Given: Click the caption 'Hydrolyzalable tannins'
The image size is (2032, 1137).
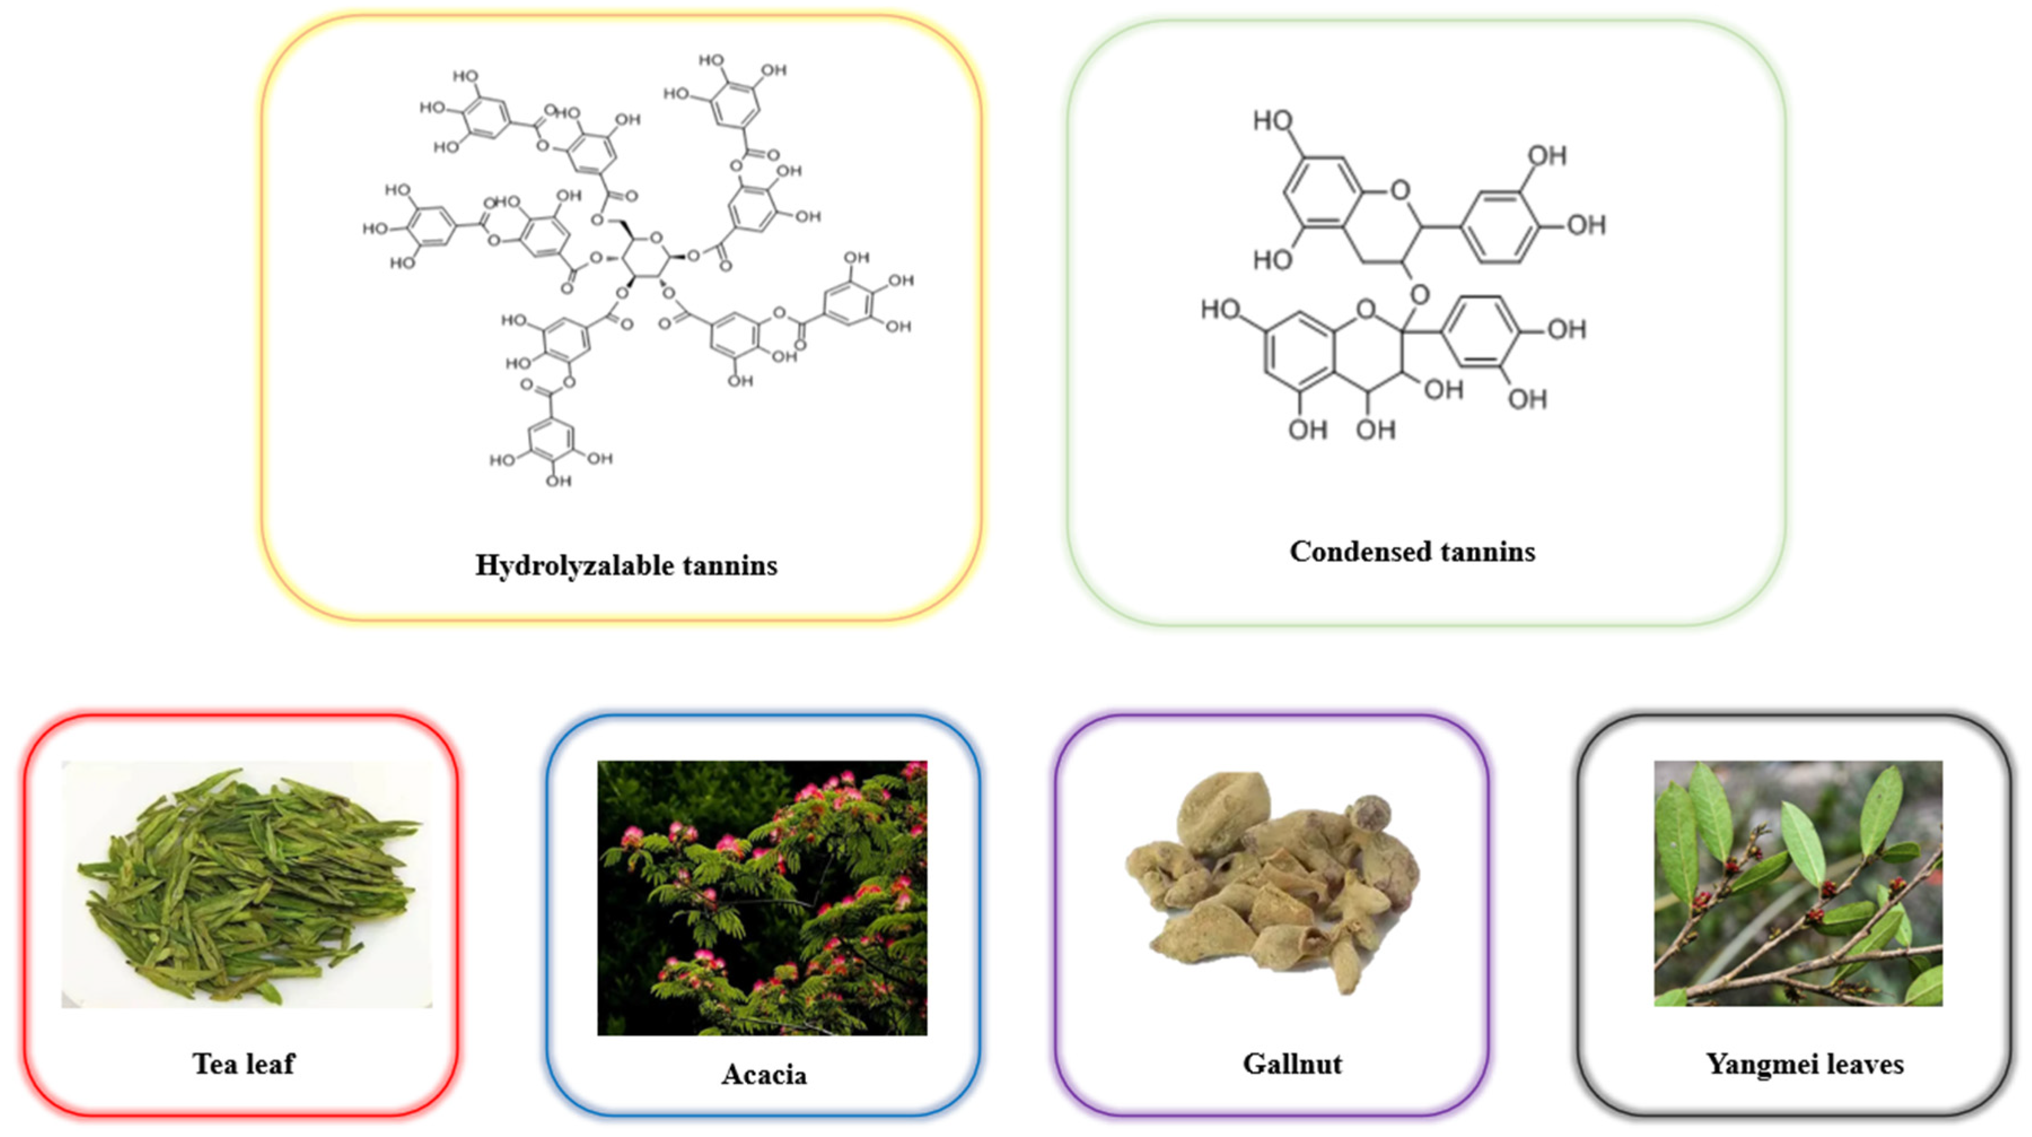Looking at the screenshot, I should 626,566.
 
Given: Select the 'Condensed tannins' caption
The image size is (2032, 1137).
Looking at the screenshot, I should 1412,551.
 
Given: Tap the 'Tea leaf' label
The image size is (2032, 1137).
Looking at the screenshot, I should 243,1064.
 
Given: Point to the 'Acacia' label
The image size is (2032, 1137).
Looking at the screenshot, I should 763,1075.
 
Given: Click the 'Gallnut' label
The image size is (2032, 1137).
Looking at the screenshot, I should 1292,1064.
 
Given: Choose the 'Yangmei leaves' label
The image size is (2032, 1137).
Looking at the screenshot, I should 1805,1064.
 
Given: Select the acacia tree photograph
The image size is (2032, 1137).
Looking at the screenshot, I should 762,897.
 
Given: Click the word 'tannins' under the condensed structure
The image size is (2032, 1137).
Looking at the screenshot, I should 1482,551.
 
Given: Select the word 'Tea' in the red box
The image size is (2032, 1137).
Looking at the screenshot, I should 214,1064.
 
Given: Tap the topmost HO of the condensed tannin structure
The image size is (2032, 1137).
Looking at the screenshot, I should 1272,121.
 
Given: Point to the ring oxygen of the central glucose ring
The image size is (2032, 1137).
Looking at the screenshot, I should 656,237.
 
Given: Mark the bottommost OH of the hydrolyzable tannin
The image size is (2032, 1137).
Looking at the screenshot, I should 559,481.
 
